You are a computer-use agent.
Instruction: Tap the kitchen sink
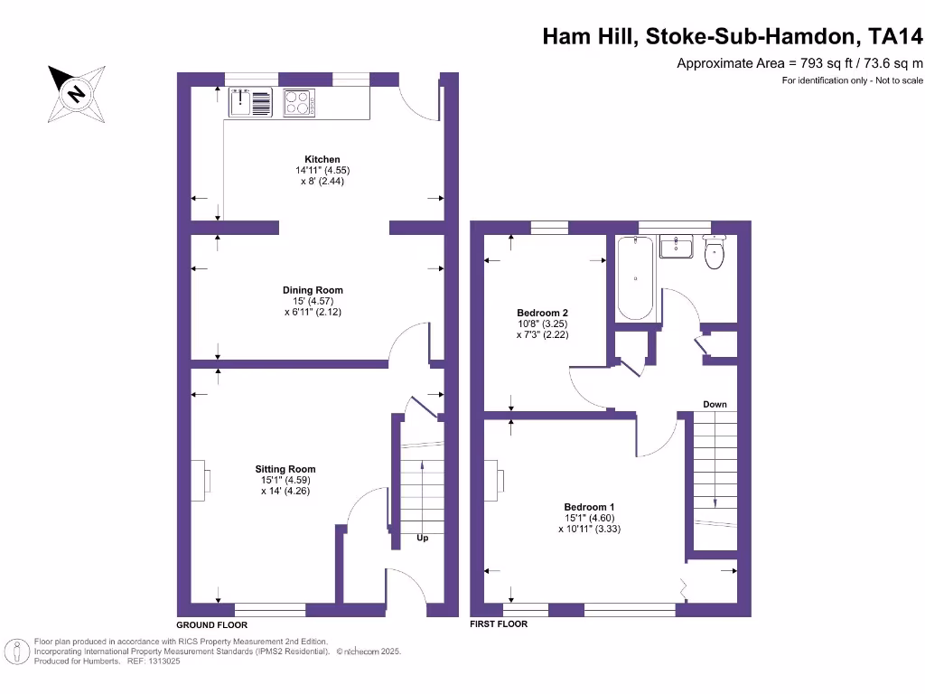(250, 102)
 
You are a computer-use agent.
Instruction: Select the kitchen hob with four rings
(299, 103)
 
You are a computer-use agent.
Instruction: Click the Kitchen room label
(322, 159)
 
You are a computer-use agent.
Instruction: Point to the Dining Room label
(313, 290)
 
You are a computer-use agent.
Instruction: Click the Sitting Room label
(285, 469)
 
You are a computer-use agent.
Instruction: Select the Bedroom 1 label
(589, 507)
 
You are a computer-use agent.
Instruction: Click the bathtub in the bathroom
(635, 278)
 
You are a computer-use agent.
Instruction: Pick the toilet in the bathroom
(715, 252)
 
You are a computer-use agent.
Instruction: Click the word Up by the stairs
(422, 538)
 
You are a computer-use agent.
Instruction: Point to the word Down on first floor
(715, 404)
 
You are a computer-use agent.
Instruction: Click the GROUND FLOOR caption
(211, 624)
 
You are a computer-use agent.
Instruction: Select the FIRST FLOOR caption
(499, 624)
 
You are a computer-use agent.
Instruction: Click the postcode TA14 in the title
(896, 37)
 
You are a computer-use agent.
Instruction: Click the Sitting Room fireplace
(207, 480)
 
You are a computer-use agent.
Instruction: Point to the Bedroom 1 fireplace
(496, 480)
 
